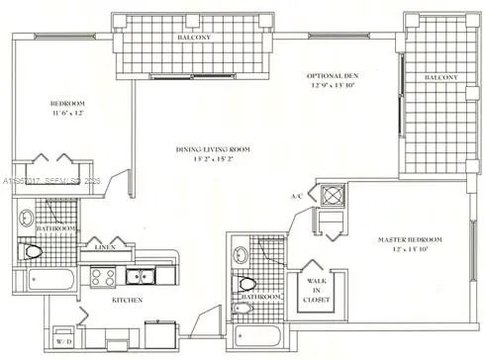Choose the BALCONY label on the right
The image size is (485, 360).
[440, 77]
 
